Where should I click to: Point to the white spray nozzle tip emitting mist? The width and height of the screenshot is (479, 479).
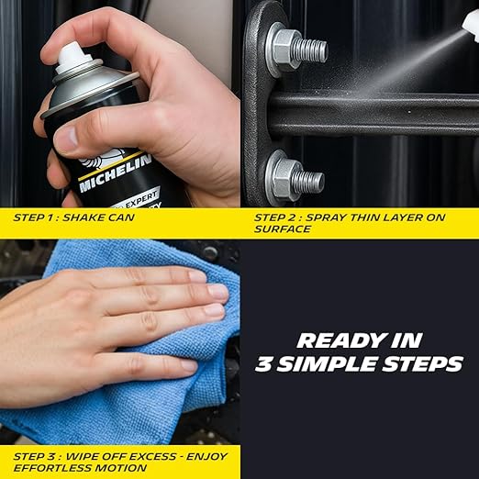point(471,25)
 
